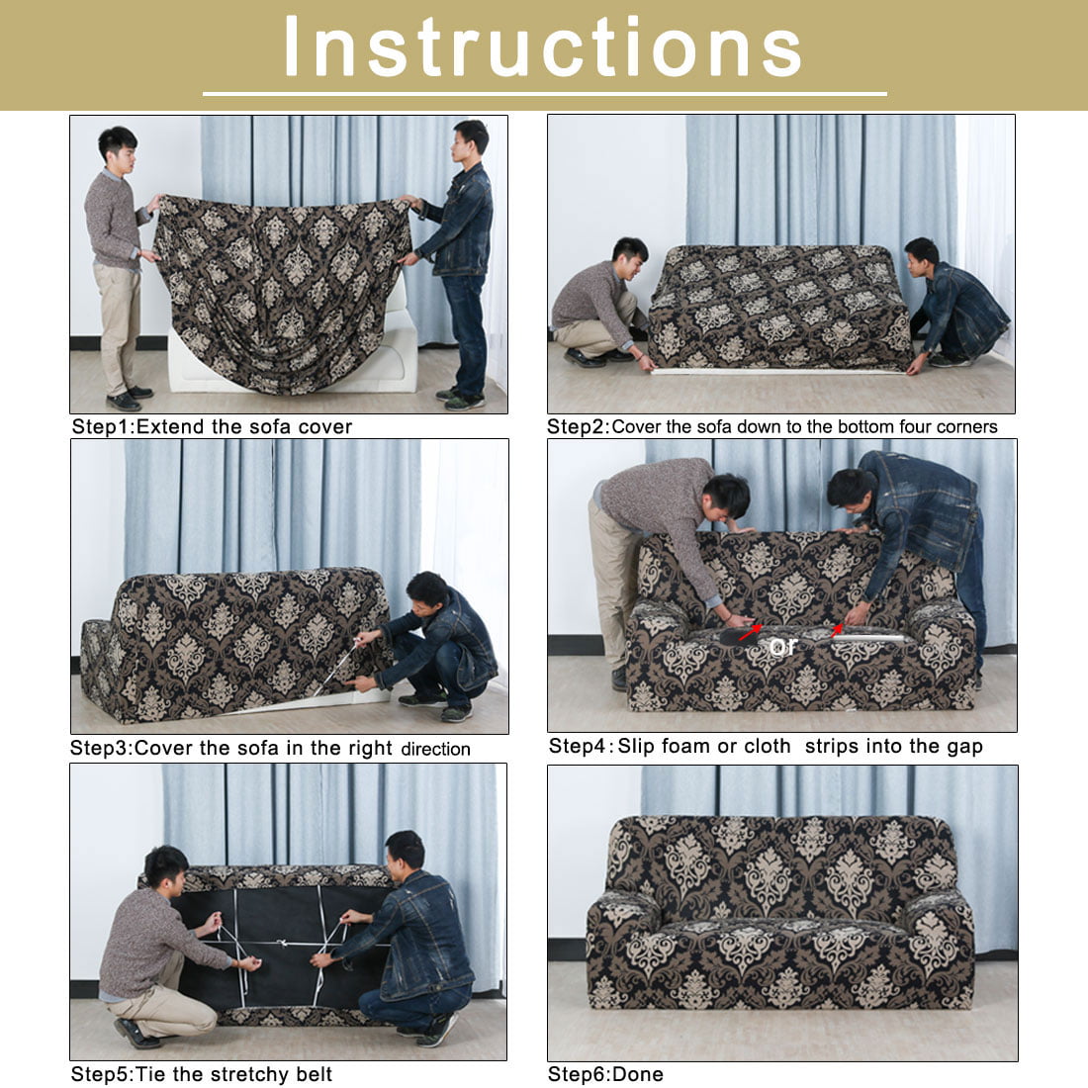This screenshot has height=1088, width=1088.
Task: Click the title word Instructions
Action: [x=543, y=47]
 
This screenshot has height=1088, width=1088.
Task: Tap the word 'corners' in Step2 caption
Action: [x=967, y=427]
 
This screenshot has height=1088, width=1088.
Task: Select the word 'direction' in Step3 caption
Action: [x=435, y=749]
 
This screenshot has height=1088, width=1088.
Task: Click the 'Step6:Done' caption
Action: [x=605, y=1074]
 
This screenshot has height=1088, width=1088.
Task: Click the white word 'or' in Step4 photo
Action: [x=783, y=647]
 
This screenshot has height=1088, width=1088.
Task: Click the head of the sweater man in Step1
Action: [x=118, y=147]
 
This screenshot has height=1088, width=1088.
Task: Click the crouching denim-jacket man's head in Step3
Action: [x=426, y=591]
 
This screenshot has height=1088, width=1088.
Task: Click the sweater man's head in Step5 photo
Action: [x=166, y=867]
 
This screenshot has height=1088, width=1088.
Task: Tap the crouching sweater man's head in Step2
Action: [x=630, y=252]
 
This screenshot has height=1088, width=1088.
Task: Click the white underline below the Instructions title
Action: [x=544, y=94]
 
